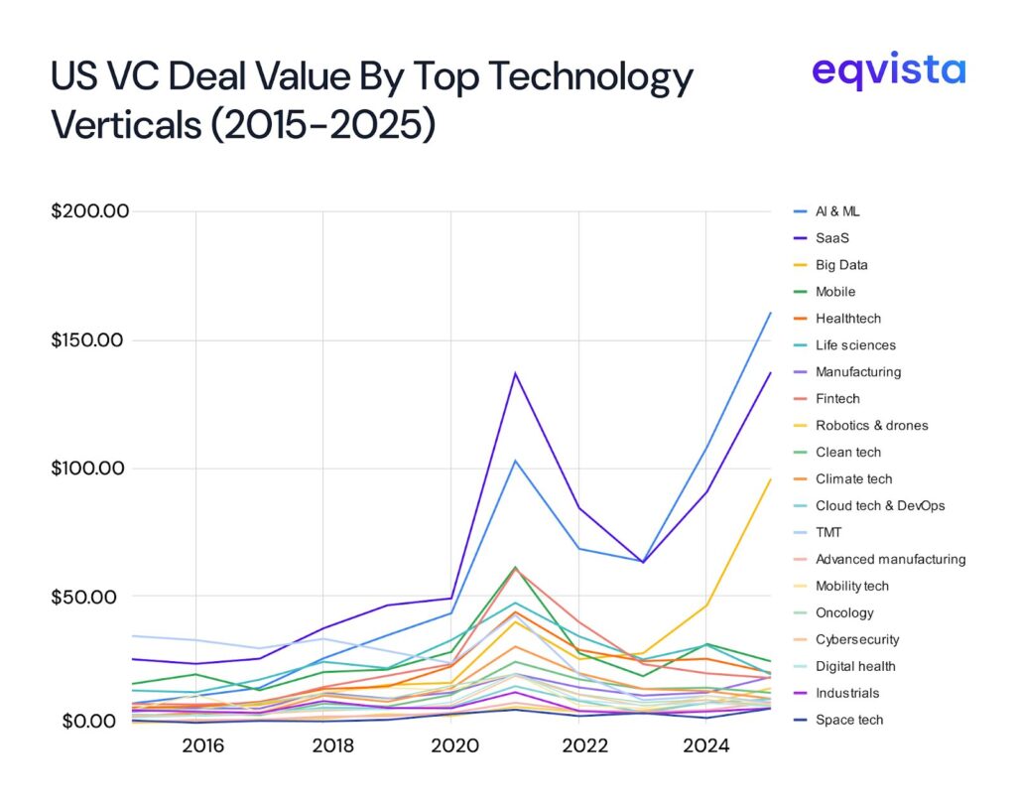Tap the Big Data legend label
tap(841, 265)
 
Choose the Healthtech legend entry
tap(847, 319)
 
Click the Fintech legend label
tap(837, 399)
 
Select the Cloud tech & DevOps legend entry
tap(879, 506)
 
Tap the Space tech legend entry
tap(848, 721)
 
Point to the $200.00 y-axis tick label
tap(91, 211)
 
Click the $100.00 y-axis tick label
tap(91, 469)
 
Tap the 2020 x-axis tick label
tap(450, 744)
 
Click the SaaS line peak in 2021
tap(515, 373)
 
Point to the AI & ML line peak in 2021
tap(515, 461)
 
